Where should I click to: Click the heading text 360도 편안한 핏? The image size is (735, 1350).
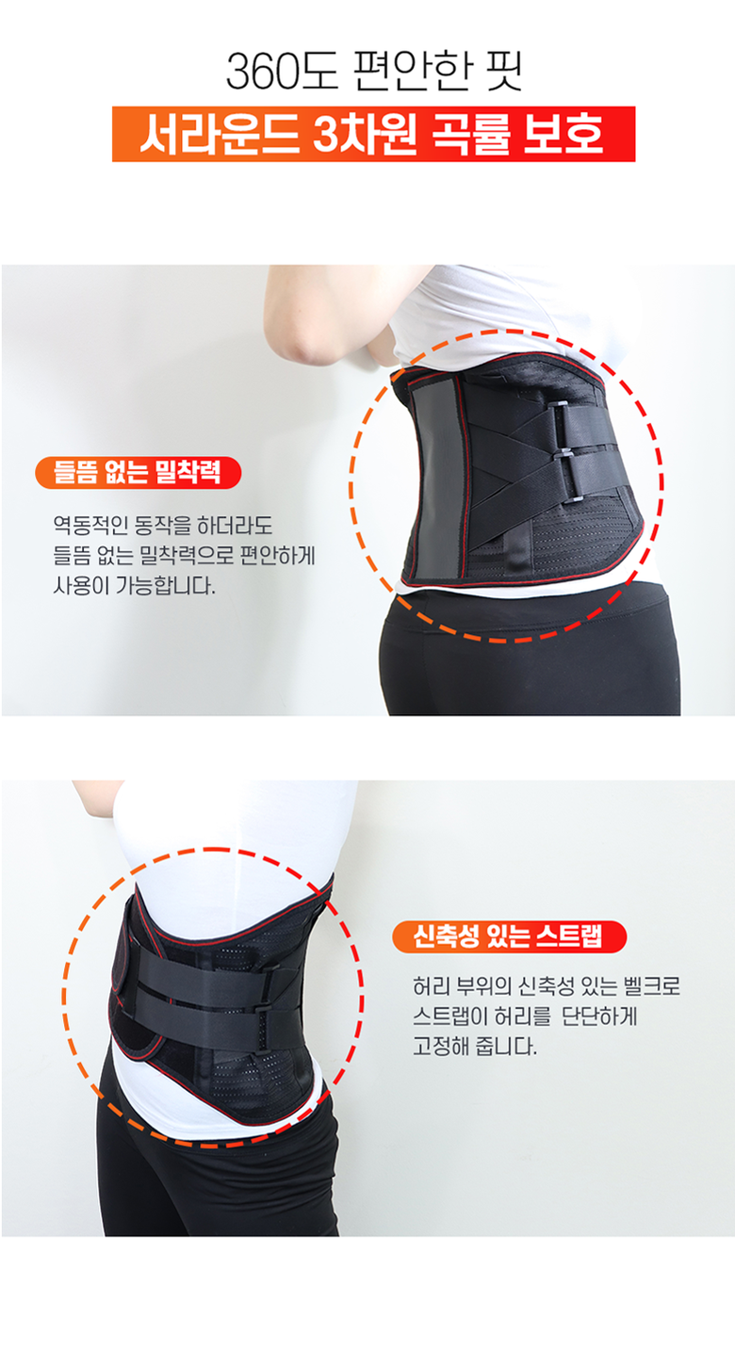(x=373, y=71)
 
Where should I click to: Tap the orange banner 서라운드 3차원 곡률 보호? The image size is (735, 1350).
(x=373, y=134)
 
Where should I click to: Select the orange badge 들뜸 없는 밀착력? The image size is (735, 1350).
(x=139, y=472)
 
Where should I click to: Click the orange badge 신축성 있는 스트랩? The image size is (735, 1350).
(x=510, y=936)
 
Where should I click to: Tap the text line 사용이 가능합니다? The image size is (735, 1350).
(x=134, y=585)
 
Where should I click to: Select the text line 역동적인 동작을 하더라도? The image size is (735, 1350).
(x=163, y=526)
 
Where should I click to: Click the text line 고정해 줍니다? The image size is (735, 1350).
(x=475, y=1045)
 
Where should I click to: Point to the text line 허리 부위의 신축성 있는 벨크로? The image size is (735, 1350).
(x=547, y=986)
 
